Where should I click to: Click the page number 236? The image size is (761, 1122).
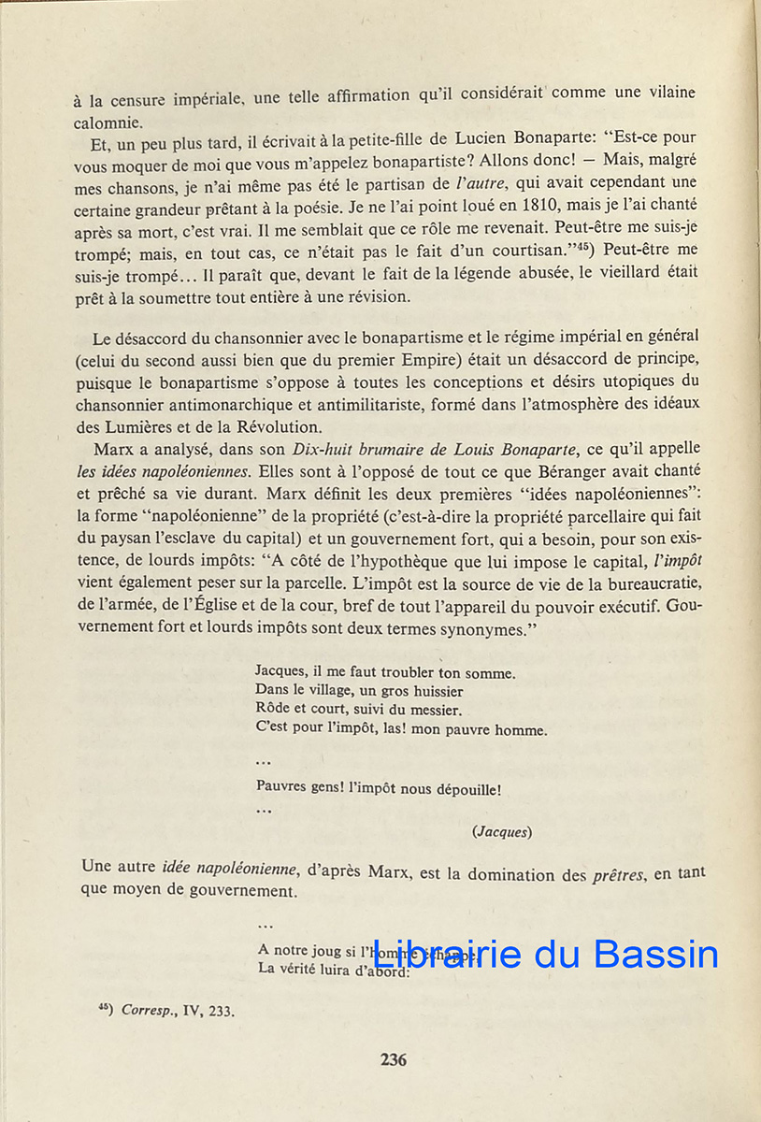394,1059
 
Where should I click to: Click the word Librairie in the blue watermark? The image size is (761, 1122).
445,954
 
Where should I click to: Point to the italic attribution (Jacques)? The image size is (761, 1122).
502,830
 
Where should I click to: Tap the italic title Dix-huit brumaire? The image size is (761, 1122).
356,448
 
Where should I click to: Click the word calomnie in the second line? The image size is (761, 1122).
108,122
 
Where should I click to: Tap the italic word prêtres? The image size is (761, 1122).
619,875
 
